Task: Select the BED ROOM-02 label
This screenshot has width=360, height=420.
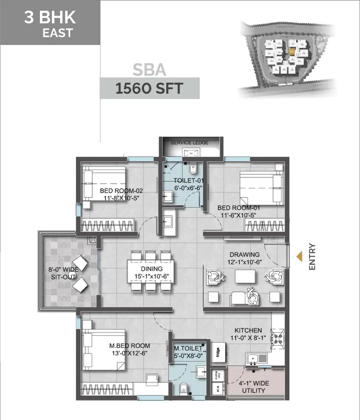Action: [x=121, y=195]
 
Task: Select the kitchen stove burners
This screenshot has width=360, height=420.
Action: [x=277, y=337]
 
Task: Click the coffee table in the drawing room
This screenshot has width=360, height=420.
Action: [x=244, y=277]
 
